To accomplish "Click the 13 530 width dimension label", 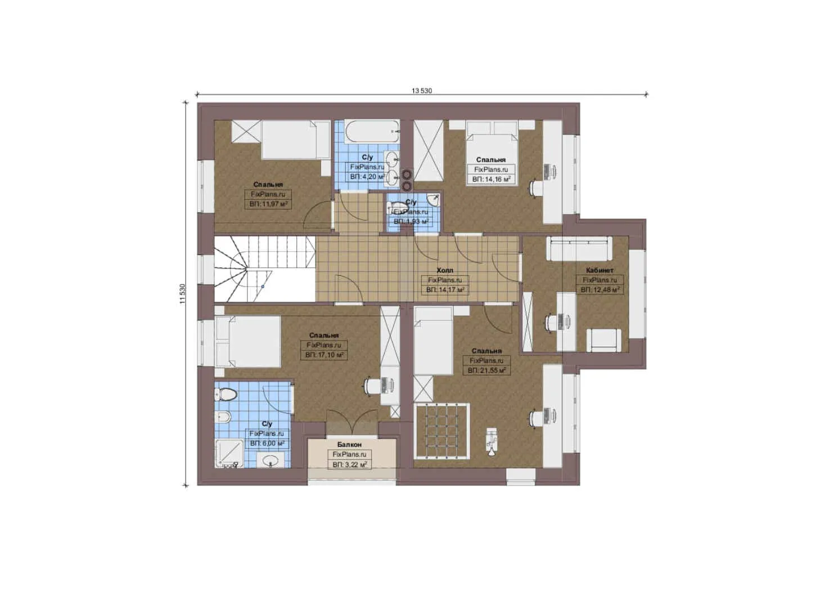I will pyautogui.click(x=421, y=91).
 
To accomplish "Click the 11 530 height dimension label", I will pyautogui.click(x=182, y=293).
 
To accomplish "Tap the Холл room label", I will pyautogui.click(x=444, y=270).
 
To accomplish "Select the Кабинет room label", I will pyautogui.click(x=600, y=270).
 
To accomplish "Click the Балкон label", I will pyautogui.click(x=349, y=445).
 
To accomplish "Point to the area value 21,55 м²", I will pyautogui.click(x=486, y=371).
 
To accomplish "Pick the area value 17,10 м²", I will pyautogui.click(x=324, y=355).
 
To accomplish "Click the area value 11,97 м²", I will pyautogui.click(x=268, y=204).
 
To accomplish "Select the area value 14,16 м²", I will pyautogui.click(x=491, y=179).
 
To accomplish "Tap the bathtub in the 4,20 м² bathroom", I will pyautogui.click(x=371, y=132).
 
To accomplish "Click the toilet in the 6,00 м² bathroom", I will pyautogui.click(x=226, y=394).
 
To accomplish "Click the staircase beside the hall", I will pyautogui.click(x=264, y=269).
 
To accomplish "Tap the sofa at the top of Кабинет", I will pyautogui.click(x=579, y=249).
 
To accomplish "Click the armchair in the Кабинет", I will pyautogui.click(x=604, y=340).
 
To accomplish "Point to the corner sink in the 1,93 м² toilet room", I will pyautogui.click(x=432, y=200).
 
